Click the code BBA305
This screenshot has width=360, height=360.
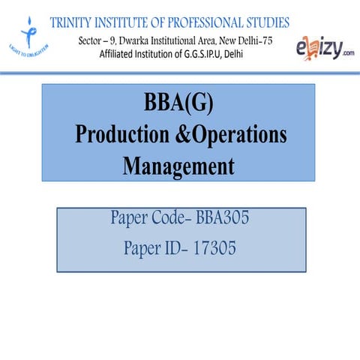(223, 219)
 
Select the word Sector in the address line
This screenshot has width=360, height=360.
(91, 39)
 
